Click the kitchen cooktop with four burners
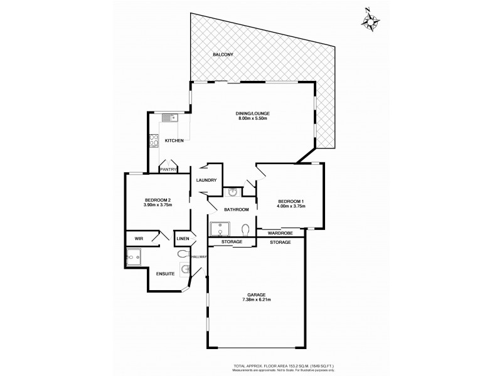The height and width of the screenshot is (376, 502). [153, 141]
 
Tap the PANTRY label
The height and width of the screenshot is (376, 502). [168, 169]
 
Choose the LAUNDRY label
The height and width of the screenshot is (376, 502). [206, 180]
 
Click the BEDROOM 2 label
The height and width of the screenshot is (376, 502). [157, 200]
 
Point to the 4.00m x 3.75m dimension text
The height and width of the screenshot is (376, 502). [291, 206]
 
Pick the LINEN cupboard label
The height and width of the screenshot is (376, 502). [183, 239]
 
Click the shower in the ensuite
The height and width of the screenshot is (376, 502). [134, 258]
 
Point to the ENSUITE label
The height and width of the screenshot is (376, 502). [165, 273]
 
